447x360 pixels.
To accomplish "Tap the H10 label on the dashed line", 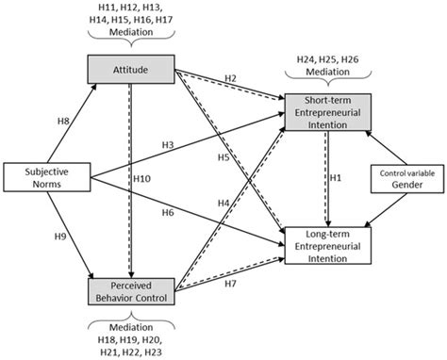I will click(144, 178).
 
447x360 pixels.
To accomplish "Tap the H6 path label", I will click(168, 213).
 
